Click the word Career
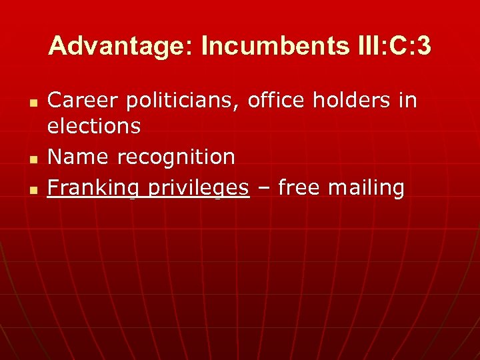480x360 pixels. (x=80, y=101)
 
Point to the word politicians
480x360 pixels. (x=179, y=101)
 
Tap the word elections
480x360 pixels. (x=94, y=125)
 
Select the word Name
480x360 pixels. (x=79, y=157)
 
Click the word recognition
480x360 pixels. (x=176, y=157)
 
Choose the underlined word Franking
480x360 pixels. (x=92, y=189)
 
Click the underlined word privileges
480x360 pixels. (x=198, y=189)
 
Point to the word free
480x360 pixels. (x=300, y=188)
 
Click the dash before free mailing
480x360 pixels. (x=263, y=189)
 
